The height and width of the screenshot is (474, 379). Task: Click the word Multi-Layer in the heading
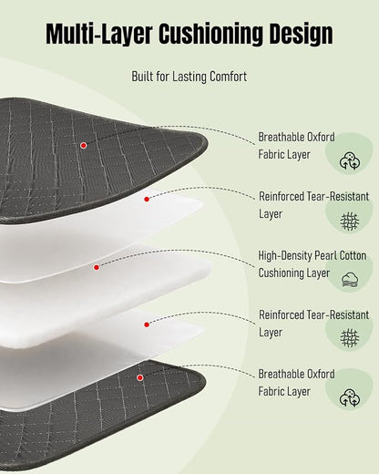99,33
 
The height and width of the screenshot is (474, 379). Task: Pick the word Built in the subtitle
142,77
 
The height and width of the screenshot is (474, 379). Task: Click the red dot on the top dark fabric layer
84,146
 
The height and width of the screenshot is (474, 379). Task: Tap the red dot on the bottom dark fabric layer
140,377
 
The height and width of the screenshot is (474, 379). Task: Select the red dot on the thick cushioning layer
97,267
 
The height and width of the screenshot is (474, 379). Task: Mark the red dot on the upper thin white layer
147,199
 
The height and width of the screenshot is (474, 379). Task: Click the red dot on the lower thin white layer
147,325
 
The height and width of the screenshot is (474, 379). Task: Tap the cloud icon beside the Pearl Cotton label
350,280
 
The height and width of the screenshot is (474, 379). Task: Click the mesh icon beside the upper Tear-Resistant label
350,222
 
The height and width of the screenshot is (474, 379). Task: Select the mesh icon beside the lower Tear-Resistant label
350,337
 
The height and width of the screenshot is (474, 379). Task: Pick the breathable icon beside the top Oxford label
350,161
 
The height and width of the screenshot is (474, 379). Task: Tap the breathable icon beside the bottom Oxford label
350,398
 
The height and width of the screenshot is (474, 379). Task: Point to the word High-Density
284,256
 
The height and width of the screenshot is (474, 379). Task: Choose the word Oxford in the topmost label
321,137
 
